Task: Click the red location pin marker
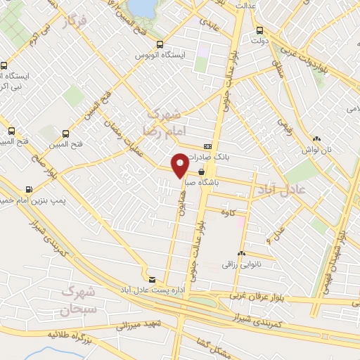[x=180, y=165]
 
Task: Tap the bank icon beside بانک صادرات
[x=206, y=146]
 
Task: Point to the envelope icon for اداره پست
[x=153, y=278]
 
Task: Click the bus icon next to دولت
[x=260, y=30]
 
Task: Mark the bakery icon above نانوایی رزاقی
[x=241, y=253]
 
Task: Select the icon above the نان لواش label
[x=317, y=139]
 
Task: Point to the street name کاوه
[x=226, y=212]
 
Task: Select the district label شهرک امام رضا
[x=162, y=122]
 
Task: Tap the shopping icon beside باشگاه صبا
[x=202, y=171]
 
